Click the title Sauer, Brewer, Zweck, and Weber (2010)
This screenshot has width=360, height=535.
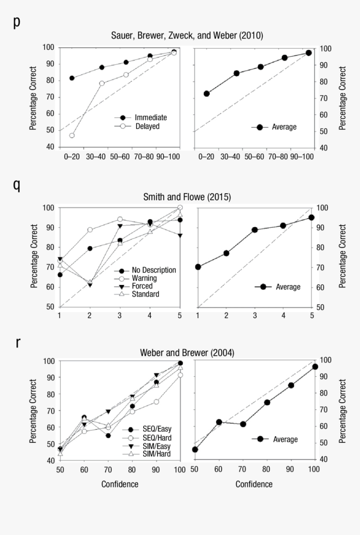(x=187, y=36)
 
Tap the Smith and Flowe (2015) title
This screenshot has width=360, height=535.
(x=187, y=197)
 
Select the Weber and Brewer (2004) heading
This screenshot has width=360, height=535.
(x=187, y=353)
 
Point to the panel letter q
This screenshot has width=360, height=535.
(x=16, y=185)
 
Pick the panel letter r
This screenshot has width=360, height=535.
(x=18, y=343)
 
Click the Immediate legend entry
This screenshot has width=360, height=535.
(x=141, y=118)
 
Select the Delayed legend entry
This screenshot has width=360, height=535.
(x=137, y=126)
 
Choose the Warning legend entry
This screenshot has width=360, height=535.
(x=136, y=278)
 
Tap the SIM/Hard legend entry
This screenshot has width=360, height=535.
(x=147, y=454)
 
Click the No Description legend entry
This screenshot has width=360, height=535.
(x=145, y=270)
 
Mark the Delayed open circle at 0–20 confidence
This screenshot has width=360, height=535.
(x=72, y=135)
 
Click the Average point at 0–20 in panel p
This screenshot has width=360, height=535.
(x=207, y=94)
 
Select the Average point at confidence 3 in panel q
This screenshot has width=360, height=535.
(x=255, y=230)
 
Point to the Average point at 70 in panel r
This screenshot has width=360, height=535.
(x=243, y=424)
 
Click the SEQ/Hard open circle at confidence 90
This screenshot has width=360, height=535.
(x=156, y=402)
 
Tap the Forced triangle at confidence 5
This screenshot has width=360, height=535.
(x=180, y=236)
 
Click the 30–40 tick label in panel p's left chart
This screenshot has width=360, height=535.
(x=96, y=157)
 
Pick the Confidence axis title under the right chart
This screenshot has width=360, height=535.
(x=254, y=484)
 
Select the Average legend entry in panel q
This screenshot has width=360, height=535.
(x=278, y=287)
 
